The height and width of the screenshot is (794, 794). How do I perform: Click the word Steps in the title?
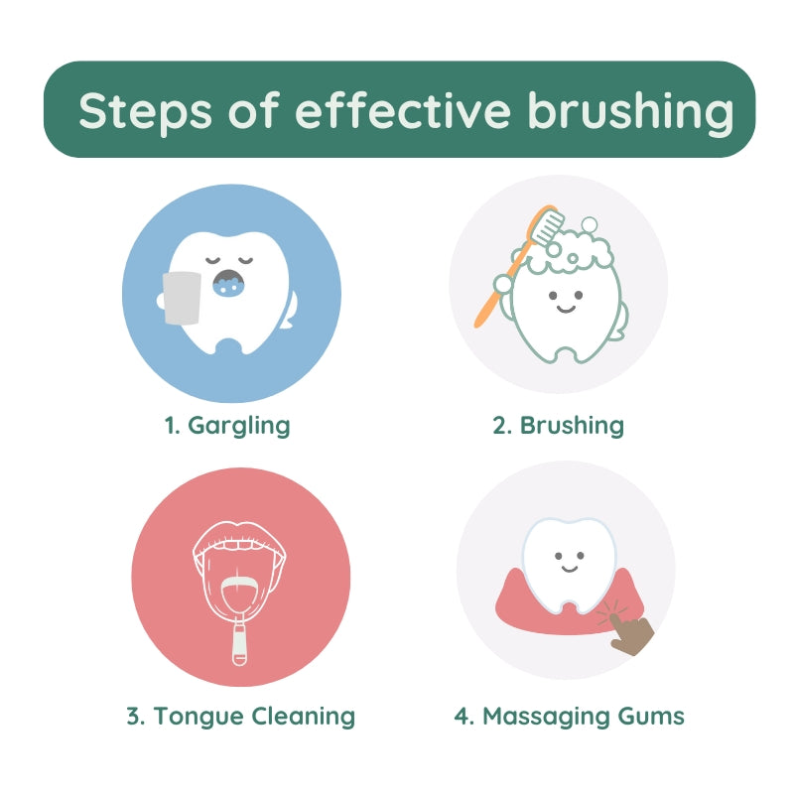(x=145, y=111)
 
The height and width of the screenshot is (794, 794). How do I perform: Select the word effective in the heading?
(x=403, y=109)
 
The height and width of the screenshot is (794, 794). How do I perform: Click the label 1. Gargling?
(x=227, y=426)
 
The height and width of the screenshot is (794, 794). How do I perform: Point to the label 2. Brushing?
(x=558, y=426)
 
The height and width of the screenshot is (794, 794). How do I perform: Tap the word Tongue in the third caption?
(x=198, y=717)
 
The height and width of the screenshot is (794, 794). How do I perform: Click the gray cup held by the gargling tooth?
(x=182, y=298)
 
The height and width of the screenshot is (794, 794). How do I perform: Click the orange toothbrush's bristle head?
(x=547, y=225)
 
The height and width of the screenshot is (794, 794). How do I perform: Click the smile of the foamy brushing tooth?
(x=565, y=309)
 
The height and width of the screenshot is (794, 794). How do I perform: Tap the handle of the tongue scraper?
(x=239, y=644)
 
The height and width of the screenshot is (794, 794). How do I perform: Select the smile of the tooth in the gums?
(x=569, y=569)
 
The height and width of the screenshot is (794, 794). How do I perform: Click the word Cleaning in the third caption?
(x=304, y=717)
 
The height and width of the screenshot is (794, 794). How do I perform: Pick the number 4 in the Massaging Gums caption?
(x=462, y=717)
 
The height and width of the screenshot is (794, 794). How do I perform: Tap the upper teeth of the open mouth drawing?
(x=239, y=544)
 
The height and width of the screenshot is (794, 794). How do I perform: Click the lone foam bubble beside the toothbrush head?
(x=590, y=225)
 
